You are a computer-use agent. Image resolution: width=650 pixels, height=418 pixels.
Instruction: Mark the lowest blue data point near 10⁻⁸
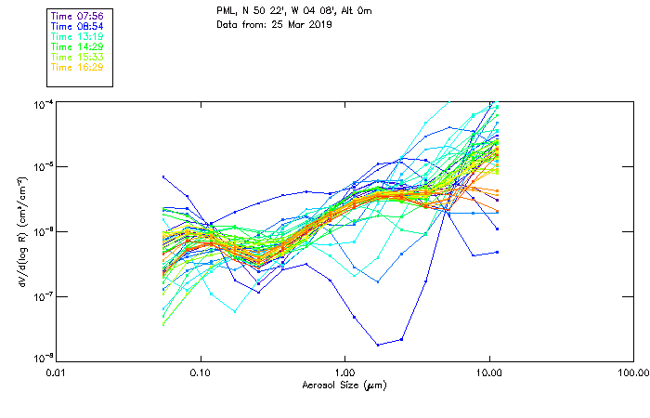click(x=378, y=345)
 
